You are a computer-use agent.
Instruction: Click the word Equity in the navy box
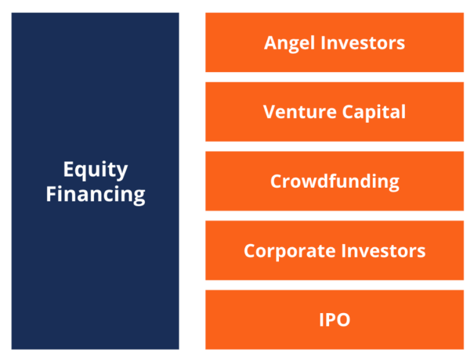tap(96, 170)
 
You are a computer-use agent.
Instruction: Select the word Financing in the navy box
tap(96, 194)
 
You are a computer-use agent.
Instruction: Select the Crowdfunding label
tap(335, 182)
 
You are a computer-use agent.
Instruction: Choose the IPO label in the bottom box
tap(335, 320)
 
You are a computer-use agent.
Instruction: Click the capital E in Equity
tap(69, 169)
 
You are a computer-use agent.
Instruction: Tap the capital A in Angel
tap(270, 43)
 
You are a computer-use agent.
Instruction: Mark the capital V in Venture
tap(269, 112)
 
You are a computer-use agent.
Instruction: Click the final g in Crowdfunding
tap(393, 183)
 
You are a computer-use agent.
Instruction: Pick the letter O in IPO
tap(344, 320)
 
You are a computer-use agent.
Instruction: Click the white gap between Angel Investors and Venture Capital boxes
tap(335, 77)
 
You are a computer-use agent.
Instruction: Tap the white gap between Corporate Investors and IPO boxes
tap(335, 285)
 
